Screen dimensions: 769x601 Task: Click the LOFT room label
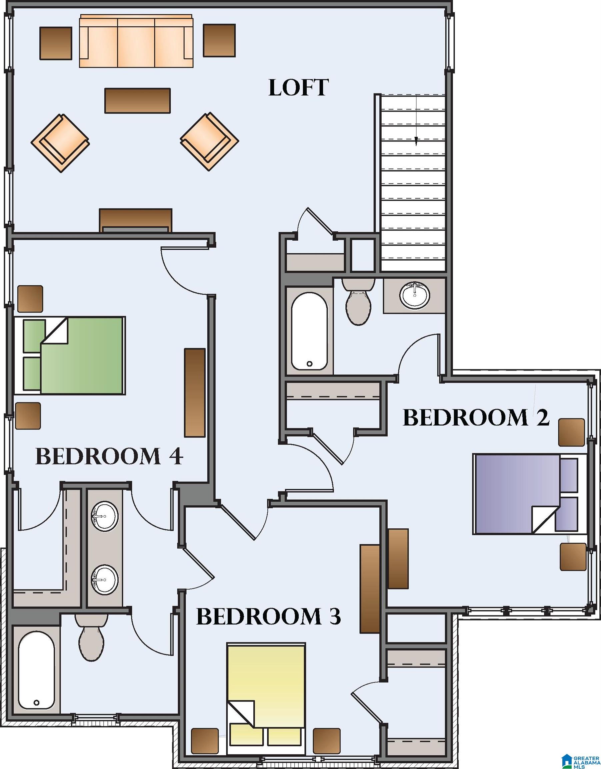tap(298, 88)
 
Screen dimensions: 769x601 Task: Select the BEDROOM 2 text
tap(476, 418)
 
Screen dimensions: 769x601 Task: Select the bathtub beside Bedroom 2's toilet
tap(309, 331)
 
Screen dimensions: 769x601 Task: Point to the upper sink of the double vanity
tap(105, 516)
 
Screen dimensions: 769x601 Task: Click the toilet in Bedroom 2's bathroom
tap(358, 303)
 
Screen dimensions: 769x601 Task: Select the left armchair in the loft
tap(60, 143)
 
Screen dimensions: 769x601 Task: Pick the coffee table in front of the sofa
tap(138, 101)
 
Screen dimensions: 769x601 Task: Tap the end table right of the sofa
tap(219, 40)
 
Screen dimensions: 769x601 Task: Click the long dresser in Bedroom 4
tap(195, 393)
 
